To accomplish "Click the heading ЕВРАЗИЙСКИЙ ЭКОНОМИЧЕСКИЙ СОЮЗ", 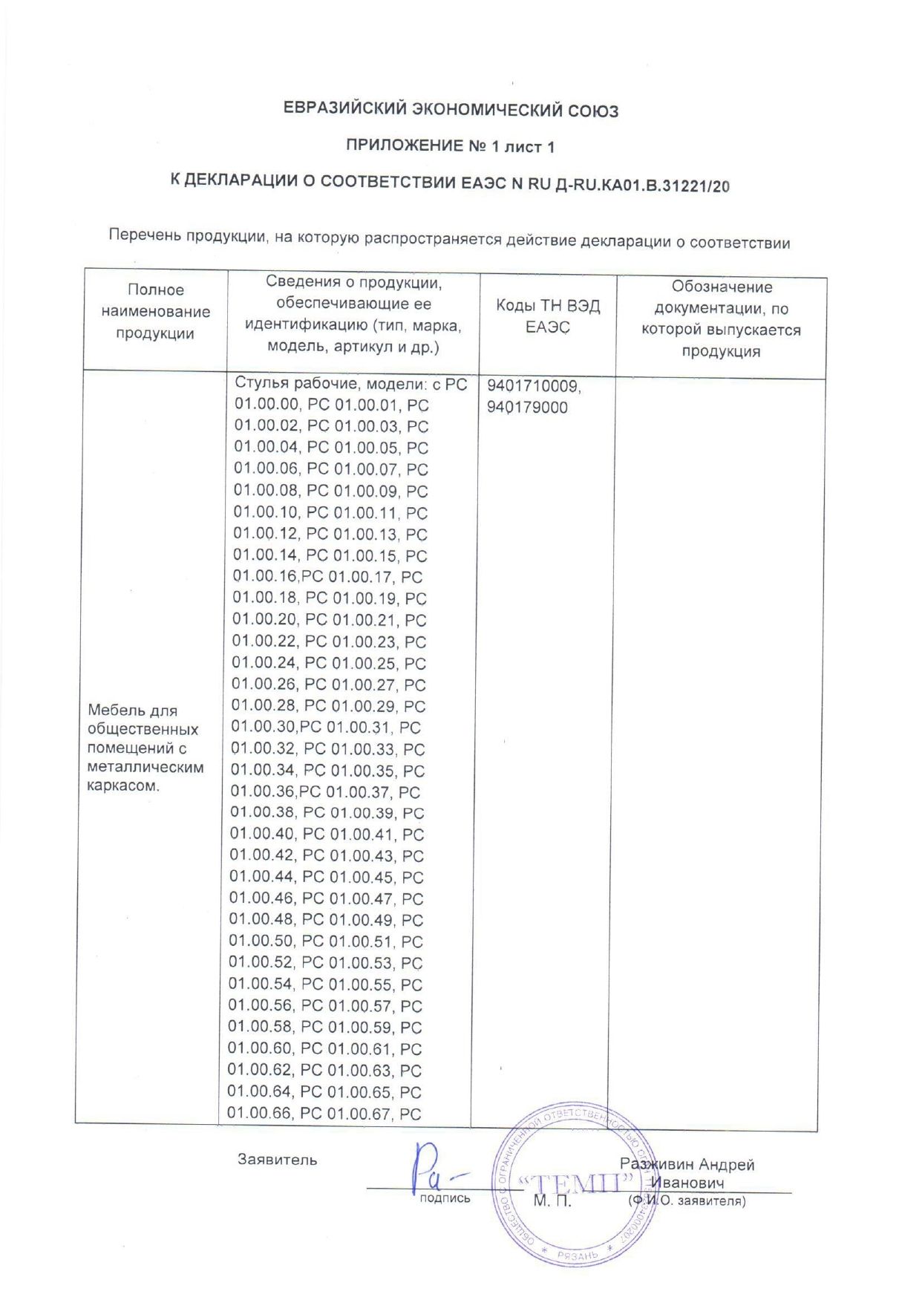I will point(451,111).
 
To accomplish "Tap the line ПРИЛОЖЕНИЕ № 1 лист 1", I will point(450,146).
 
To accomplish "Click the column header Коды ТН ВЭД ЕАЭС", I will point(548,317).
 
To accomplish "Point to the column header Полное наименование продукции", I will point(155,312).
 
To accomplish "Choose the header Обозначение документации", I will point(721,319).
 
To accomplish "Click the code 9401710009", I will point(534,387).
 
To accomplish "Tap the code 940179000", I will point(527,408).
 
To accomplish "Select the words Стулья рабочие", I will point(297,383).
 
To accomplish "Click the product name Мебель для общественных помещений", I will point(143,729).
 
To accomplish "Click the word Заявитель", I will point(277,1160).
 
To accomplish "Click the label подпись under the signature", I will point(445,1198).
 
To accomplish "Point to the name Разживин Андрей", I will point(687,1165).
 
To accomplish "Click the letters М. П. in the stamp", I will point(552,1201).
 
